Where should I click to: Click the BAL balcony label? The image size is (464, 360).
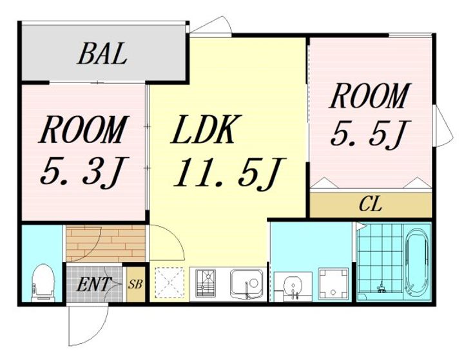pos(102,54)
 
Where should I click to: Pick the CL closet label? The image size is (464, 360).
pos(370,204)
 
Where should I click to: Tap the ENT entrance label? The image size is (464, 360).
pos(93,284)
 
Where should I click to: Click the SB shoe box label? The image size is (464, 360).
pos(135,284)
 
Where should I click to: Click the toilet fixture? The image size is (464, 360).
pos(43,283)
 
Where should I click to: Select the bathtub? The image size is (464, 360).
pos(417,260)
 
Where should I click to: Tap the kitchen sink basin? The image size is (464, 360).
pos(246,284)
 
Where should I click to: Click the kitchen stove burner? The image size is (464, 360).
pos(206,283)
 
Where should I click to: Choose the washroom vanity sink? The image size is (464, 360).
pos(293,286)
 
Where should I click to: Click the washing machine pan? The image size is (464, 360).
pos(334,283)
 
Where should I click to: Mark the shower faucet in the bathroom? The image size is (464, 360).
pos(381,288)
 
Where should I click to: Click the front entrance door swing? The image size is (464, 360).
pos(87,325)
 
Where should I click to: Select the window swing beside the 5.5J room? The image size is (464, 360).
pos(443,126)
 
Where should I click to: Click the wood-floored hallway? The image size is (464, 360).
pos(106,243)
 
